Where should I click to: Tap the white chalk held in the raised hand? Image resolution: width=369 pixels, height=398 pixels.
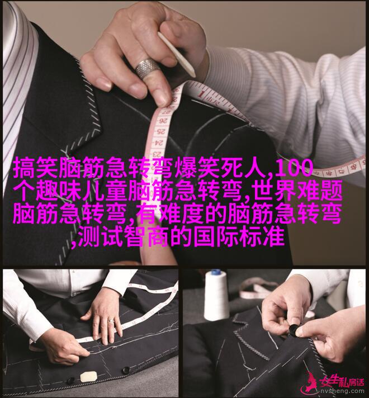click(176, 54)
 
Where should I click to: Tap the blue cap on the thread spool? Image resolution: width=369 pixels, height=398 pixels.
click(216, 272)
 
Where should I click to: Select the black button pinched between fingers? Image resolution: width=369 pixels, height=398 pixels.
click(294, 329)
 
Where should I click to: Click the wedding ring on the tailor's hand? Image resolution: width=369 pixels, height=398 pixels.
click(111, 321)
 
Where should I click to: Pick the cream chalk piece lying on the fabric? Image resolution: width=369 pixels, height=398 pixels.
click(89, 377)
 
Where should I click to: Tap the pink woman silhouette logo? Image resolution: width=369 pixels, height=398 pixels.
click(310, 383)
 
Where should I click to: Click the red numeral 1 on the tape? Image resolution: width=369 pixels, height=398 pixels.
click(202, 93)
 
